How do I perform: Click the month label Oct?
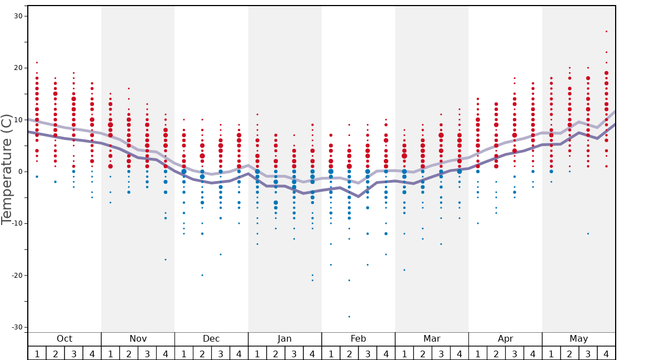click(64, 339)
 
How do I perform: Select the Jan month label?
click(284, 339)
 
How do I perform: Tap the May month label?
click(578, 339)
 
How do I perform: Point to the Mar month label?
click(432, 339)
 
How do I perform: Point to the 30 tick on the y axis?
click(18, 16)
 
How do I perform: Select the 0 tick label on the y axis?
click(19, 172)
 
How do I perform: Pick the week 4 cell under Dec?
click(239, 353)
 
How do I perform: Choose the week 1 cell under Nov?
click(111, 353)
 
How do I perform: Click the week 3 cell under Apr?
click(515, 353)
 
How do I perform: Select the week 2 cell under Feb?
click(349, 353)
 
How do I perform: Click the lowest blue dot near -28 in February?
click(349, 317)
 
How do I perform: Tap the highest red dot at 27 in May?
click(606, 32)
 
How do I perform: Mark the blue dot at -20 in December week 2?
click(202, 275)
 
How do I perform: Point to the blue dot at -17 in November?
click(166, 259)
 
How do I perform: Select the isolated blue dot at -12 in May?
click(588, 234)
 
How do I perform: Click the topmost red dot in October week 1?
click(37, 63)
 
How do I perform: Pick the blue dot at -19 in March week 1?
click(404, 270)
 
